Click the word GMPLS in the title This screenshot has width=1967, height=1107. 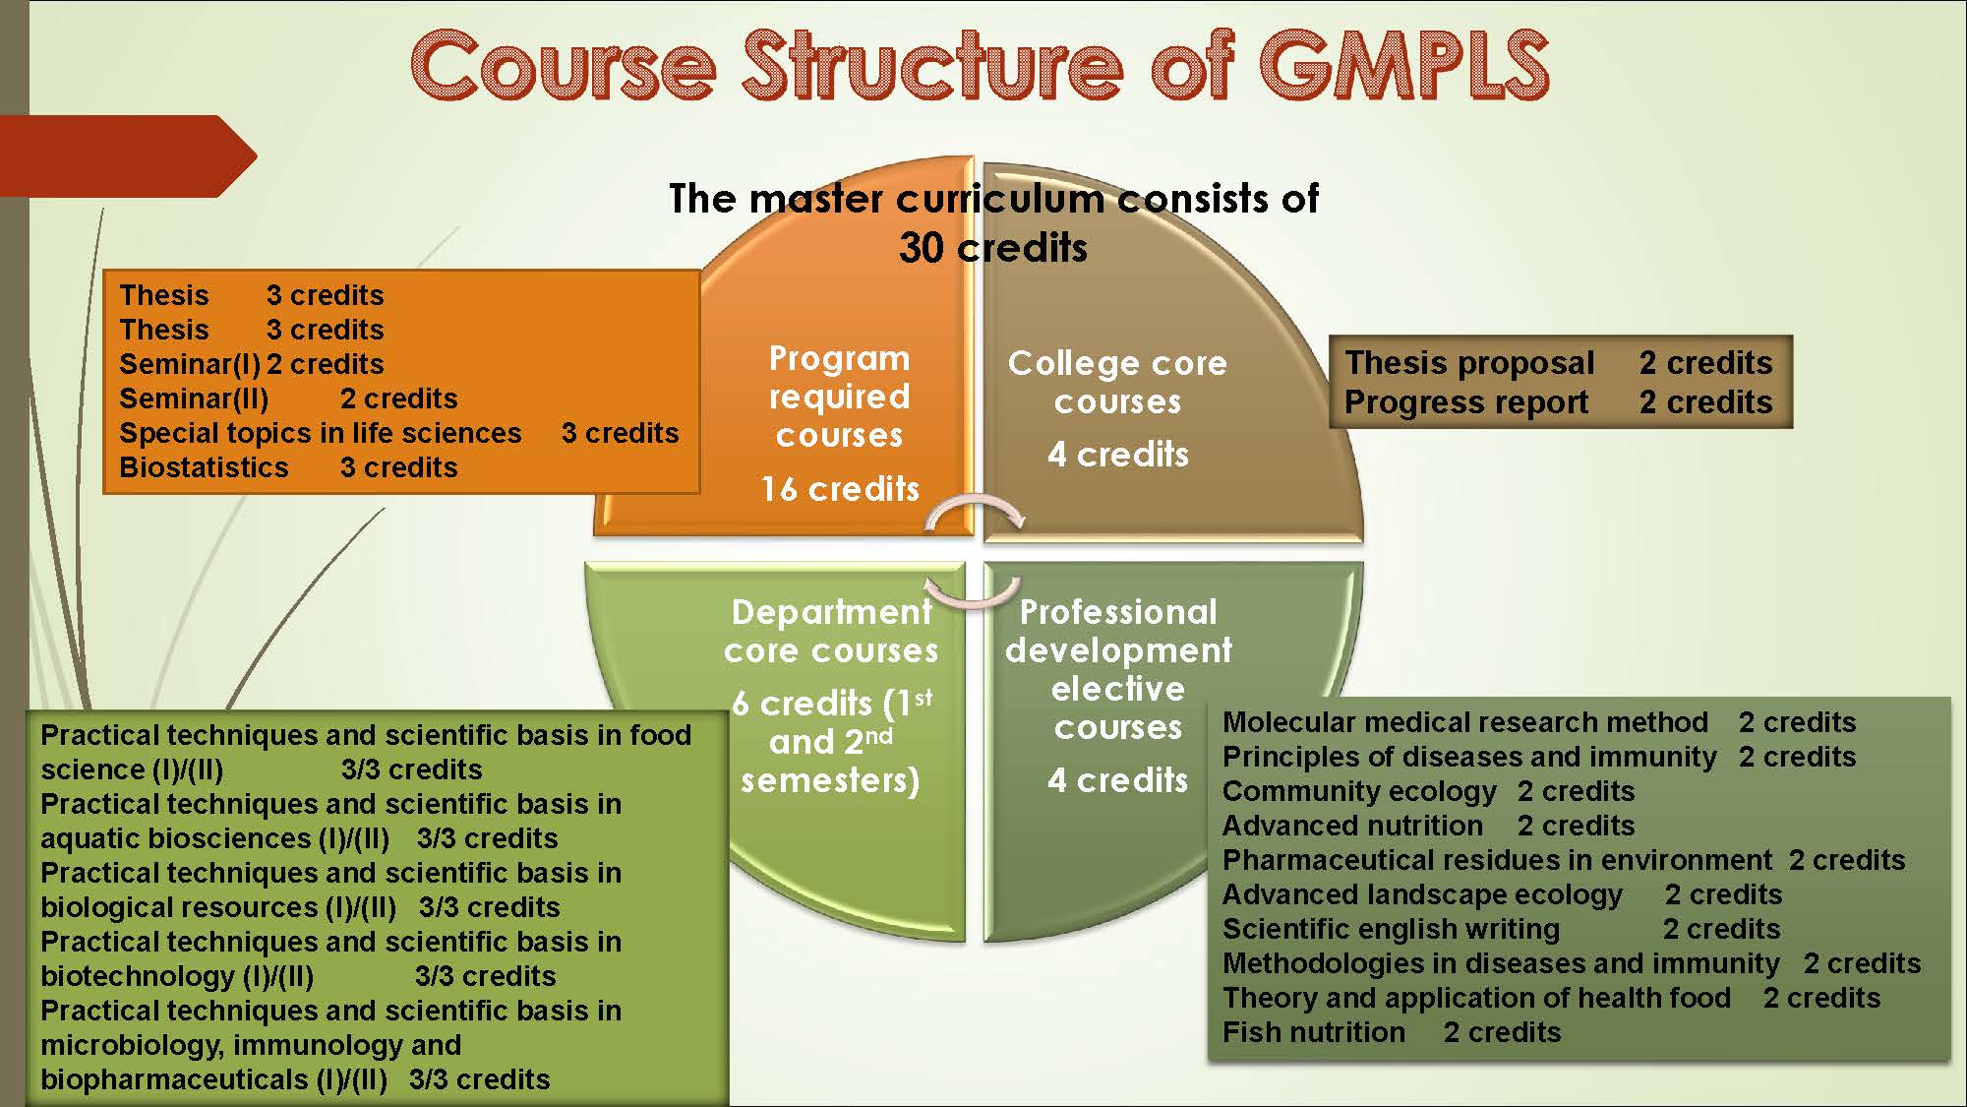1403,65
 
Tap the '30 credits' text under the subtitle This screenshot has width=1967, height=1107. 993,247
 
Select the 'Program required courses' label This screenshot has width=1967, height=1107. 839,397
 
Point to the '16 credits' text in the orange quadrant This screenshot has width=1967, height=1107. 840,489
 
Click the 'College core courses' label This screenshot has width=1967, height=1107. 1117,382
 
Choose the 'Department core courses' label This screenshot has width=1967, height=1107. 831,631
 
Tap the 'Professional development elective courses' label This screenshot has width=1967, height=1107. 1118,669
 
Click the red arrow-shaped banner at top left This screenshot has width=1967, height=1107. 128,155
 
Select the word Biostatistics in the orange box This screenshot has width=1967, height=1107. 204,467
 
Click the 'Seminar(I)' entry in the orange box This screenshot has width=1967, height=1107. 190,364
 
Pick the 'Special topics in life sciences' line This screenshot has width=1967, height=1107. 321,433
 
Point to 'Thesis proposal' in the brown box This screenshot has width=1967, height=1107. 1469,363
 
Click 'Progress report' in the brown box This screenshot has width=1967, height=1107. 1466,402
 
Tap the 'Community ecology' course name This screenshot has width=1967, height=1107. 1359,791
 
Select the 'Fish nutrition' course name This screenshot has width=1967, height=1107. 1314,1032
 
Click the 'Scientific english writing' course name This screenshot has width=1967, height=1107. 1391,929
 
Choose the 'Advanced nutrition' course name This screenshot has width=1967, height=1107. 1352,826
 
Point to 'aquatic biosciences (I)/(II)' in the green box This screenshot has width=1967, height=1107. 215,838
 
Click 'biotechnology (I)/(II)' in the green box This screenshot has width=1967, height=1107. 177,976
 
